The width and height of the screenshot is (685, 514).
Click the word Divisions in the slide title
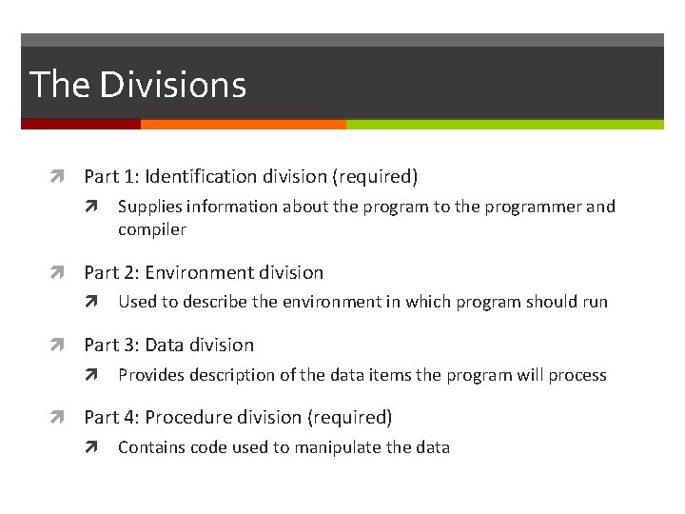point(172,85)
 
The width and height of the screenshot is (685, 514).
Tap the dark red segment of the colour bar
point(81,124)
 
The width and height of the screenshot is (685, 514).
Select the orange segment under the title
point(243,124)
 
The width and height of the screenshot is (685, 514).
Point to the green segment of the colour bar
point(504,124)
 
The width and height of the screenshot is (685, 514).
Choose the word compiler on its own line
point(152,229)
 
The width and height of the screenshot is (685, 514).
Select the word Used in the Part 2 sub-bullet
point(135,303)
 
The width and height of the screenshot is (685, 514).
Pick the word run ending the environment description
point(595,303)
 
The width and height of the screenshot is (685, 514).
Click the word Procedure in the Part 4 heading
point(188,417)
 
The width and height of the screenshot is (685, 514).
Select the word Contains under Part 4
point(151,447)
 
